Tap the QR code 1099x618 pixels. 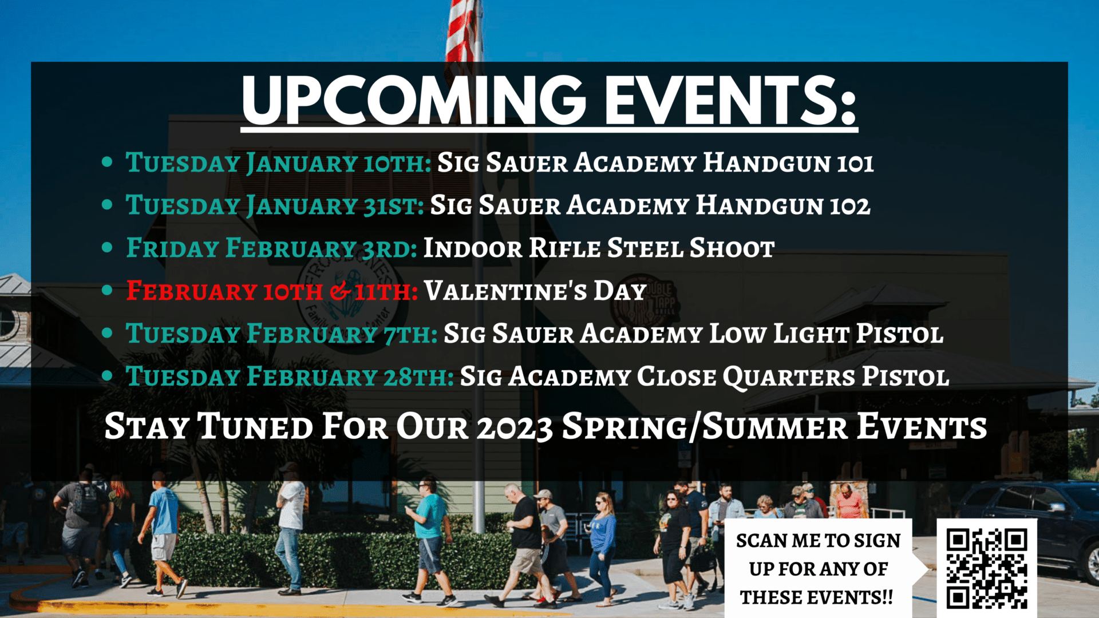(x=987, y=568)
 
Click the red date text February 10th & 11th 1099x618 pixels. (x=272, y=291)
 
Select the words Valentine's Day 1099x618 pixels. (x=535, y=291)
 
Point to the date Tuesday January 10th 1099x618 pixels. (x=278, y=163)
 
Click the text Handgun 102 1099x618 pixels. (x=783, y=205)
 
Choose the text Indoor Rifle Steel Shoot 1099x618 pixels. (x=599, y=248)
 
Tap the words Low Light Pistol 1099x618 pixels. (x=827, y=334)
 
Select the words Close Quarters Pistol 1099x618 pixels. (x=793, y=377)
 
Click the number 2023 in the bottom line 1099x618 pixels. (x=515, y=427)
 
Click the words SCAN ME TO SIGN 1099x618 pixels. (x=819, y=540)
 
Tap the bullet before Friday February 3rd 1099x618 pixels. (x=107, y=248)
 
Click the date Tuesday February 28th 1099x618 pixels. (x=290, y=377)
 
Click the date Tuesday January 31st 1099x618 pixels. (x=275, y=205)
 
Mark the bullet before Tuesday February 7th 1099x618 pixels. (x=107, y=334)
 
